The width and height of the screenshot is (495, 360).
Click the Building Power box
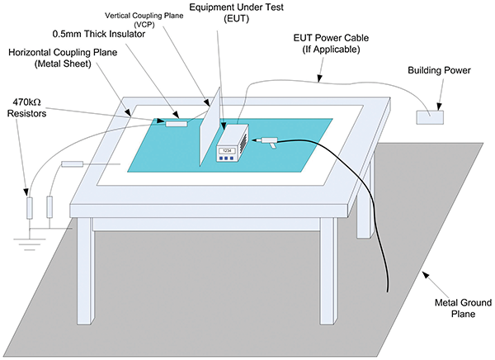coord(430,116)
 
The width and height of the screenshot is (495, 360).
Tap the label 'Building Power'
coord(439,71)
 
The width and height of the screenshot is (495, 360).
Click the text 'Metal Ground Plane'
coord(455,312)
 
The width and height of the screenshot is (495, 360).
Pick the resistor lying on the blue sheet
coord(177,124)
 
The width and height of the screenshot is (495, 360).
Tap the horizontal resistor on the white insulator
coord(73,164)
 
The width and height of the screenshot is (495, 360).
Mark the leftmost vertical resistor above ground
coord(31,207)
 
